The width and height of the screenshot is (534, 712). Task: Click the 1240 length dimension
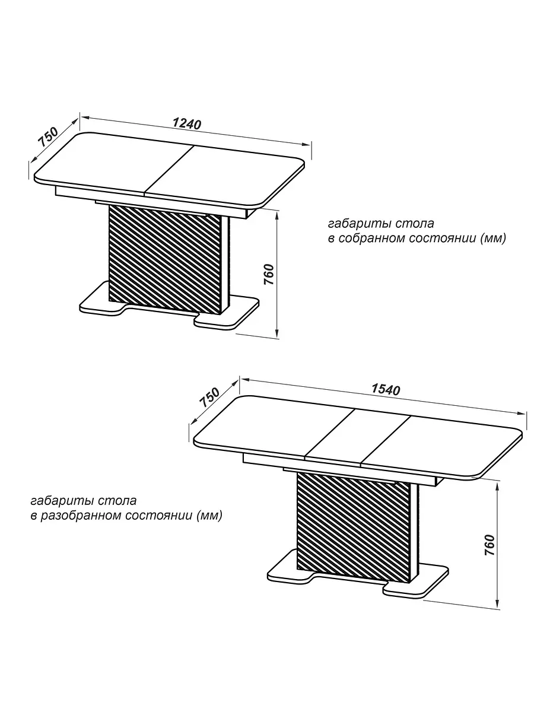[x=187, y=124]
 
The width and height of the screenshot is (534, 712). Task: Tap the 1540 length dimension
[x=386, y=390]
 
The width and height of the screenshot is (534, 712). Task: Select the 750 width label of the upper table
[x=48, y=136]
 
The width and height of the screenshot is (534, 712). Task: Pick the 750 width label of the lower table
[x=209, y=398]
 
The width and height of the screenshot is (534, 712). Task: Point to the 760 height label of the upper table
[x=269, y=275]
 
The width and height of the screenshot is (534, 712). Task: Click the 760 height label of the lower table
[x=490, y=545]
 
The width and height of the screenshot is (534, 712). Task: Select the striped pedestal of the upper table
[x=165, y=259]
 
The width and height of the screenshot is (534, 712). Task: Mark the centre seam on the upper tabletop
[x=169, y=170]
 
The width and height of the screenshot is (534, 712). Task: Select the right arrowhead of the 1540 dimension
[x=521, y=413]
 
